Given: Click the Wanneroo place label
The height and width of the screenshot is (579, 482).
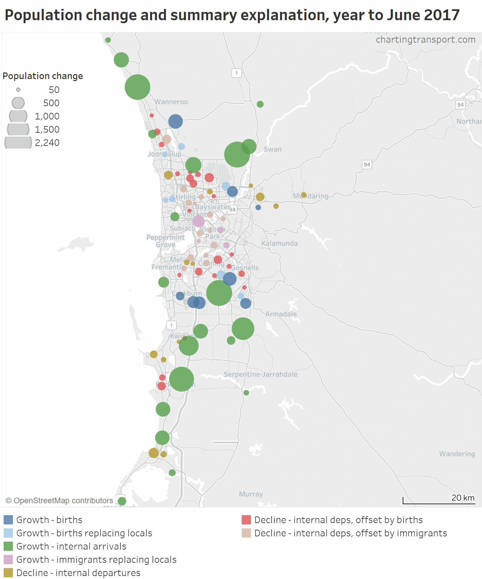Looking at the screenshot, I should pyautogui.click(x=171, y=102).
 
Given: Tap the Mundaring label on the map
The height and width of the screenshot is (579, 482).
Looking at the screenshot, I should pyautogui.click(x=311, y=196).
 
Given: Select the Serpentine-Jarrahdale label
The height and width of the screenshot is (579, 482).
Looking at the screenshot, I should pyautogui.click(x=261, y=374).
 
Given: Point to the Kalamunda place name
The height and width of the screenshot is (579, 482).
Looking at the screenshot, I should pyautogui.click(x=279, y=244).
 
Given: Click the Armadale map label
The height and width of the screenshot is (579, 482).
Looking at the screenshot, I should pyautogui.click(x=281, y=314).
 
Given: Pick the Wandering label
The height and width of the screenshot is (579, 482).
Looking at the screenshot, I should pyautogui.click(x=457, y=454).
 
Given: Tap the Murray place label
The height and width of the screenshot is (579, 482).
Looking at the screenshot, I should pyautogui.click(x=251, y=494).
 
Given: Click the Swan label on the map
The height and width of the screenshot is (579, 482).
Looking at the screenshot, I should pyautogui.click(x=273, y=149).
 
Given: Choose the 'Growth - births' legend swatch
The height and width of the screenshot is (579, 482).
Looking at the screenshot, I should pyautogui.click(x=8, y=520).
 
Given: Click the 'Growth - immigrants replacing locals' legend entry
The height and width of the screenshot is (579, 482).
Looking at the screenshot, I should pyautogui.click(x=96, y=559).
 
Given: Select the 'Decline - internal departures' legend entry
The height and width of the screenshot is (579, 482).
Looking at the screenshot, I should pyautogui.click(x=78, y=573).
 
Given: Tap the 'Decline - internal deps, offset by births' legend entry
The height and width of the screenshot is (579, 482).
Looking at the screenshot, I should pyautogui.click(x=339, y=520).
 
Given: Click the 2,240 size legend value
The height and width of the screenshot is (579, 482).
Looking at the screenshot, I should pyautogui.click(x=47, y=143).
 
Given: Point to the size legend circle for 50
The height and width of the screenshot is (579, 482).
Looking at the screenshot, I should pyautogui.click(x=18, y=90).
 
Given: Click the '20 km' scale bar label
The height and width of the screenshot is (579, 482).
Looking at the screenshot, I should pyautogui.click(x=463, y=498).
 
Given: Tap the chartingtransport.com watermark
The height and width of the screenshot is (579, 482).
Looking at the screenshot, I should pyautogui.click(x=425, y=40).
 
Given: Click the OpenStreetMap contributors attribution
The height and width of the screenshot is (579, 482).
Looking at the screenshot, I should pyautogui.click(x=60, y=501).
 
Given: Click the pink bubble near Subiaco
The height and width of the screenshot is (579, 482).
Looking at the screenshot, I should pyautogui.click(x=198, y=221).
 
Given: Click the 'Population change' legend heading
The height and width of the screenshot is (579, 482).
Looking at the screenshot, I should pyautogui.click(x=43, y=76).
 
